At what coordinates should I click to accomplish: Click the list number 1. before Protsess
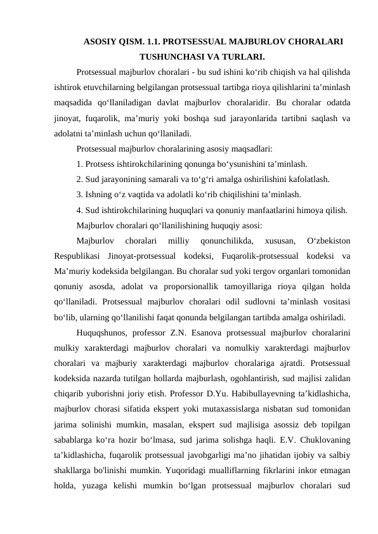point(79,163)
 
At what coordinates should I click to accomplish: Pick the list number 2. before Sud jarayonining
point(79,179)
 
